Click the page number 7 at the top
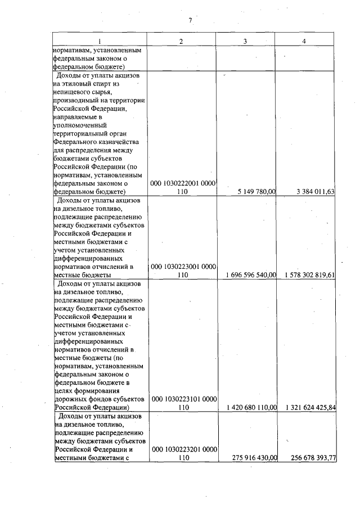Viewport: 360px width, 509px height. pyautogui.click(x=190, y=21)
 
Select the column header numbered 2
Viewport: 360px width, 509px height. pyautogui.click(x=181, y=41)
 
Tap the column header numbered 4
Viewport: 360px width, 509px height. pyautogui.click(x=304, y=41)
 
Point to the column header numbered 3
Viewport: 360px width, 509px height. pyautogui.click(x=245, y=41)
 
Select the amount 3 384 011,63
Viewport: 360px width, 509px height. pyautogui.click(x=316, y=192)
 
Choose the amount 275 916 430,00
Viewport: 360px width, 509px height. pyautogui.click(x=254, y=458)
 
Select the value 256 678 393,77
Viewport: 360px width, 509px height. pyautogui.click(x=313, y=458)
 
